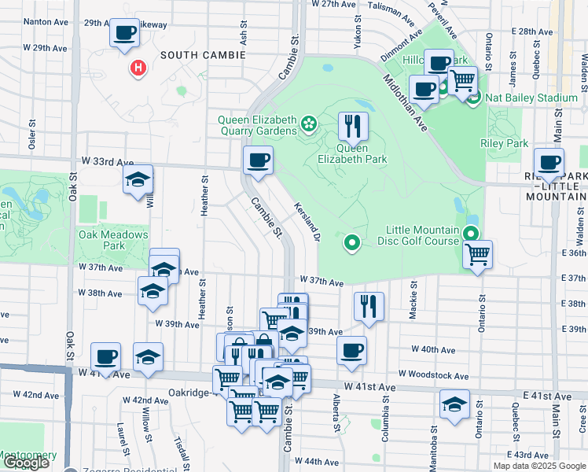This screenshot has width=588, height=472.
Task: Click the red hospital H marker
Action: pos(138,69)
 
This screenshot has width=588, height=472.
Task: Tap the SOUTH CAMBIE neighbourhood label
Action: pos(203,55)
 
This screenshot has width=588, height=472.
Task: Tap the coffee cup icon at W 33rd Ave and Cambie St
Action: pos(258,161)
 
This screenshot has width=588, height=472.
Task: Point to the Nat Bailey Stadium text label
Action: pos(532,98)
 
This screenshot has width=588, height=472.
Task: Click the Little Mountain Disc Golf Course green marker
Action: pos(471,233)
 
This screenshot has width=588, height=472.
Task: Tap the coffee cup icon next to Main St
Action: pos(549,163)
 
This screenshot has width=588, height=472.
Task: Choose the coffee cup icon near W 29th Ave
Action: pos(124,34)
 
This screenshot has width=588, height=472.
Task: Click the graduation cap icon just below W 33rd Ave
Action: pos(138,179)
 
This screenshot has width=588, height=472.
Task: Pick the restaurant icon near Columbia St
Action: pos(369,305)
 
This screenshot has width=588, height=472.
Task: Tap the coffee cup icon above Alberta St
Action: pos(351,350)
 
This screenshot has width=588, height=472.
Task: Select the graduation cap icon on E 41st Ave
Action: pos(454,404)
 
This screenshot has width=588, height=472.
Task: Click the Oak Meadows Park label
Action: pos(113,240)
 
